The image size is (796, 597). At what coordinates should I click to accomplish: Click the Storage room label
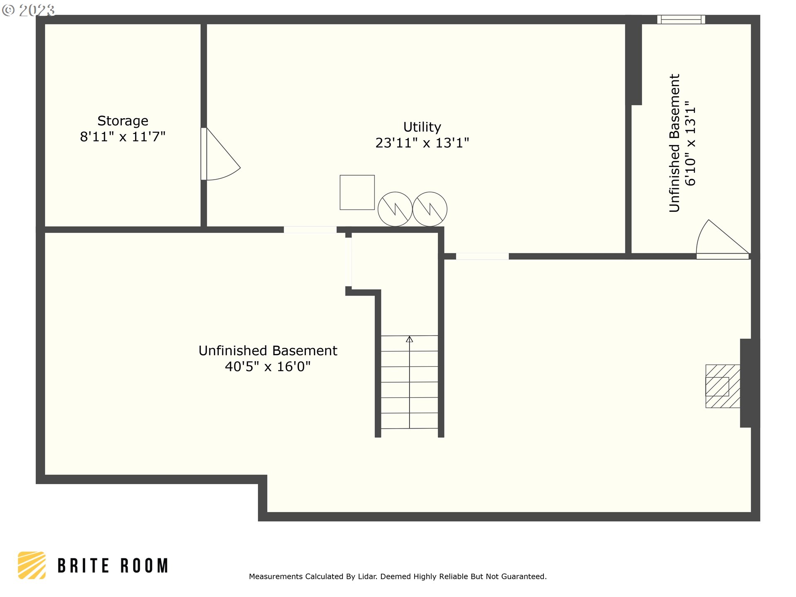click(x=123, y=121)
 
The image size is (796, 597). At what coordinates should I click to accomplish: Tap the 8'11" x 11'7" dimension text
click(x=123, y=137)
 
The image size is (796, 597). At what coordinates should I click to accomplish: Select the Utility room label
click(x=422, y=127)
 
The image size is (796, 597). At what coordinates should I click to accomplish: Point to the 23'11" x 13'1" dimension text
click(x=422, y=143)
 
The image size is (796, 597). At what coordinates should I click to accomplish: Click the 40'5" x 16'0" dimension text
click(x=268, y=366)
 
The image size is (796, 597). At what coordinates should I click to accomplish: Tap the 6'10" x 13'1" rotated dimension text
click(x=690, y=143)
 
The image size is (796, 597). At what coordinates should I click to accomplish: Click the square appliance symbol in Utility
click(x=357, y=192)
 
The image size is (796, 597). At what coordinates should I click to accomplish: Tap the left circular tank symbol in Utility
click(x=395, y=209)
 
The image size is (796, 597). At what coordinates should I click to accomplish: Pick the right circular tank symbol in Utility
click(x=430, y=209)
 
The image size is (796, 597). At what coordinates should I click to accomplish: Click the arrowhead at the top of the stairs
click(x=409, y=339)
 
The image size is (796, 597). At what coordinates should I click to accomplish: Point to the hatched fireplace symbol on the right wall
click(x=723, y=386)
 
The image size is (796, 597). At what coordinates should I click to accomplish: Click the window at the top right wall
click(x=681, y=19)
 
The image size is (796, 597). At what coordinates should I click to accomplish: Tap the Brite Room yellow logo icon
click(x=32, y=565)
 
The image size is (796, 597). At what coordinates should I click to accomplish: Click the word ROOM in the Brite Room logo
click(x=144, y=566)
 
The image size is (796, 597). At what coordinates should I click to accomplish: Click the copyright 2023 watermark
click(x=28, y=10)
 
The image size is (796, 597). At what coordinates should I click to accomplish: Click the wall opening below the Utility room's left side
click(x=310, y=230)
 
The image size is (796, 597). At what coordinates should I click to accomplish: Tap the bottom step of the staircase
click(x=409, y=421)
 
